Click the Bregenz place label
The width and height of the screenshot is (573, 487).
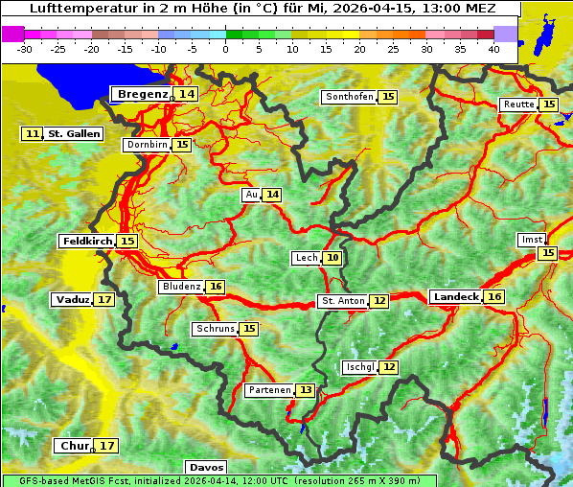click(142, 94)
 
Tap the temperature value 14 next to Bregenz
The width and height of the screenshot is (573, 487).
click(187, 94)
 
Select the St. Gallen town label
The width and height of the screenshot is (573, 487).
click(74, 134)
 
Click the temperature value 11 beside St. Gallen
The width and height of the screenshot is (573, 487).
click(33, 134)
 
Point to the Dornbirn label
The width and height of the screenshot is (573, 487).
click(147, 145)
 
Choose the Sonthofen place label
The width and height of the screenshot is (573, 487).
click(349, 97)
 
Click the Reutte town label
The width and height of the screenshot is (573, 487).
click(518, 104)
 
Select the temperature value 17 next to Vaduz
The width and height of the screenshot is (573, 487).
click(104, 300)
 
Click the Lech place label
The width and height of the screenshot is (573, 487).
click(306, 258)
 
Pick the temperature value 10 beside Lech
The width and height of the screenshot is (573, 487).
click(332, 258)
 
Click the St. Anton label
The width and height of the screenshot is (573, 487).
click(342, 301)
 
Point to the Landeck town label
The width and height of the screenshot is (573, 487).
click(455, 297)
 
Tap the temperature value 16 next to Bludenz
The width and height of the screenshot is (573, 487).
click(216, 287)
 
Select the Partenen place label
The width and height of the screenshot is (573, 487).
click(267, 390)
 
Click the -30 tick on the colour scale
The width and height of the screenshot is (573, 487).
click(26, 49)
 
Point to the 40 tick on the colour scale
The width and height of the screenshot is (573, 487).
click(493, 49)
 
